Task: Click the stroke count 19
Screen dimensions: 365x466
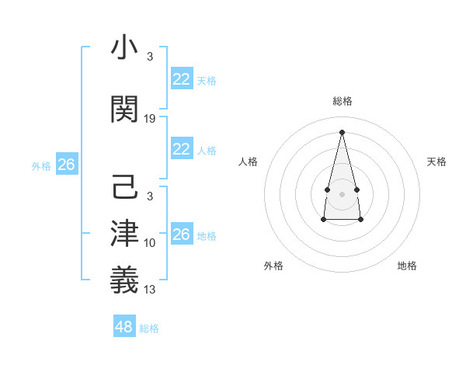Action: click(x=150, y=118)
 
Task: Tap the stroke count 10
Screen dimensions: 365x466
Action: click(x=150, y=243)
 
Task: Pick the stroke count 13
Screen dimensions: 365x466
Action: click(x=150, y=290)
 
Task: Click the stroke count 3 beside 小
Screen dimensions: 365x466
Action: click(x=149, y=57)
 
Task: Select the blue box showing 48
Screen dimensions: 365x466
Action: click(x=124, y=327)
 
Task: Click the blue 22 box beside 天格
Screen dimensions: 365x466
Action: click(x=182, y=79)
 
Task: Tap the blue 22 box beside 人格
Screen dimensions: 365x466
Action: click(x=182, y=149)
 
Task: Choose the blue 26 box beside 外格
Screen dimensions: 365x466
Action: click(x=66, y=165)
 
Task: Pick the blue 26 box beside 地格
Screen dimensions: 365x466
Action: click(x=182, y=235)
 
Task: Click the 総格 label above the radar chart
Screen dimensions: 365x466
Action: click(x=342, y=101)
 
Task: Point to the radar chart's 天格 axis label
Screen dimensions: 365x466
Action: click(x=436, y=162)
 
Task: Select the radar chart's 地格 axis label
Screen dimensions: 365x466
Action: click(x=407, y=266)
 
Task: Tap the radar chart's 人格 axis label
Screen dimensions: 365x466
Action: click(x=249, y=162)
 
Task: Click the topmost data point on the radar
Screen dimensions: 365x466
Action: click(x=342, y=132)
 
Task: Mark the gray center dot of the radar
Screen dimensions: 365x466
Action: click(x=342, y=193)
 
